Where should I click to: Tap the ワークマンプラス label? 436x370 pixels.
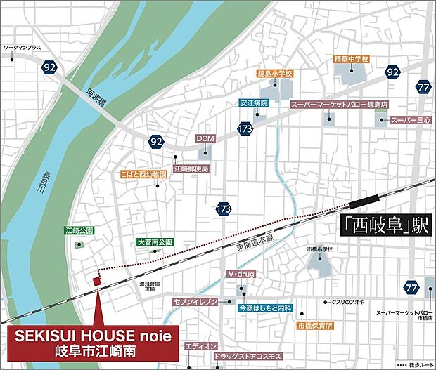pos(23,47)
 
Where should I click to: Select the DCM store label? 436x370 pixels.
pos(205,138)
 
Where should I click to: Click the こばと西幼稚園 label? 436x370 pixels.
pos(143,173)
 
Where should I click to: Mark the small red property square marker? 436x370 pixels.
pos(97,281)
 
